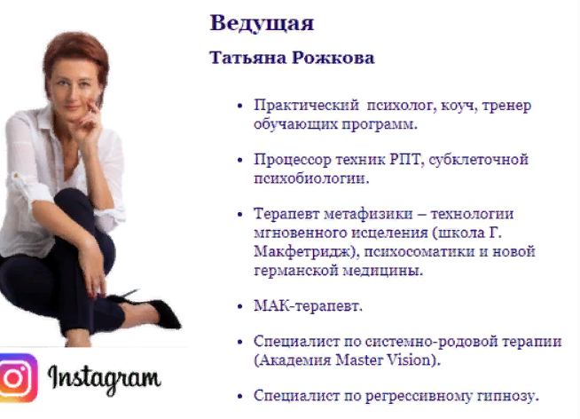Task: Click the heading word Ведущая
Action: click(x=262, y=22)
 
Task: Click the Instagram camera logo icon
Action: click(x=19, y=377)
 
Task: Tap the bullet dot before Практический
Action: click(x=240, y=107)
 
